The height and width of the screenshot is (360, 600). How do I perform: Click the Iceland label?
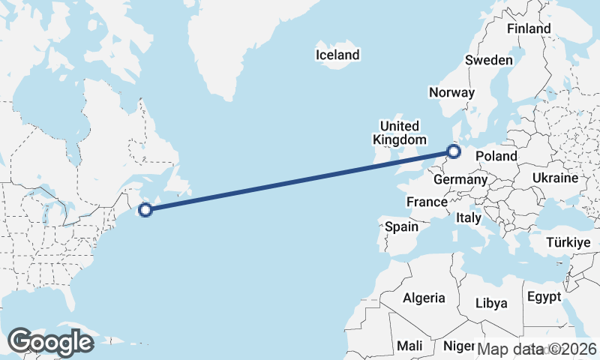pyautogui.click(x=337, y=55)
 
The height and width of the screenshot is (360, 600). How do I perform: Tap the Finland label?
pyautogui.click(x=529, y=28)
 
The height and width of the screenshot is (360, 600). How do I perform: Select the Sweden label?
pyautogui.click(x=489, y=60)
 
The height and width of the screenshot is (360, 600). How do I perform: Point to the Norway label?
pyautogui.click(x=451, y=92)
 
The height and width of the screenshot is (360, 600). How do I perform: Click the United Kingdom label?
pyautogui.click(x=399, y=132)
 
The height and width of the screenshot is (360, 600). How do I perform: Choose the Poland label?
pyautogui.click(x=496, y=156)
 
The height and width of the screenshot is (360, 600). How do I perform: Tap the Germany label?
pyautogui.click(x=460, y=180)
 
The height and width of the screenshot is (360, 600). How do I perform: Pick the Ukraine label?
pyautogui.click(x=555, y=178)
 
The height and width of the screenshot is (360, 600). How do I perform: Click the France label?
pyautogui.click(x=427, y=202)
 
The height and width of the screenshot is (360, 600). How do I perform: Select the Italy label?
pyautogui.click(x=468, y=218)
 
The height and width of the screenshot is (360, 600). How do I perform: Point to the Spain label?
pyautogui.click(x=401, y=226)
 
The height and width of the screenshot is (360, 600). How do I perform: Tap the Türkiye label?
pyautogui.click(x=568, y=242)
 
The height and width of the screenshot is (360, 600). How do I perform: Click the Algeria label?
pyautogui.click(x=424, y=298)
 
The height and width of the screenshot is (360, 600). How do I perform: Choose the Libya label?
pyautogui.click(x=492, y=303)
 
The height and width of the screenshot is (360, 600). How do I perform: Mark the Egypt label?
pyautogui.click(x=544, y=296)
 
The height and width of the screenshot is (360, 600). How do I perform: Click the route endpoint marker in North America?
pyautogui.click(x=145, y=210)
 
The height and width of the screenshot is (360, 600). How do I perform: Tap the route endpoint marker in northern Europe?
pyautogui.click(x=453, y=152)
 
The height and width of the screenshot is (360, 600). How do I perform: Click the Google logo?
pyautogui.click(x=50, y=343)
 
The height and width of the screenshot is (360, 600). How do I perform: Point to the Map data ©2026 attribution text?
pyautogui.click(x=536, y=349)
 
